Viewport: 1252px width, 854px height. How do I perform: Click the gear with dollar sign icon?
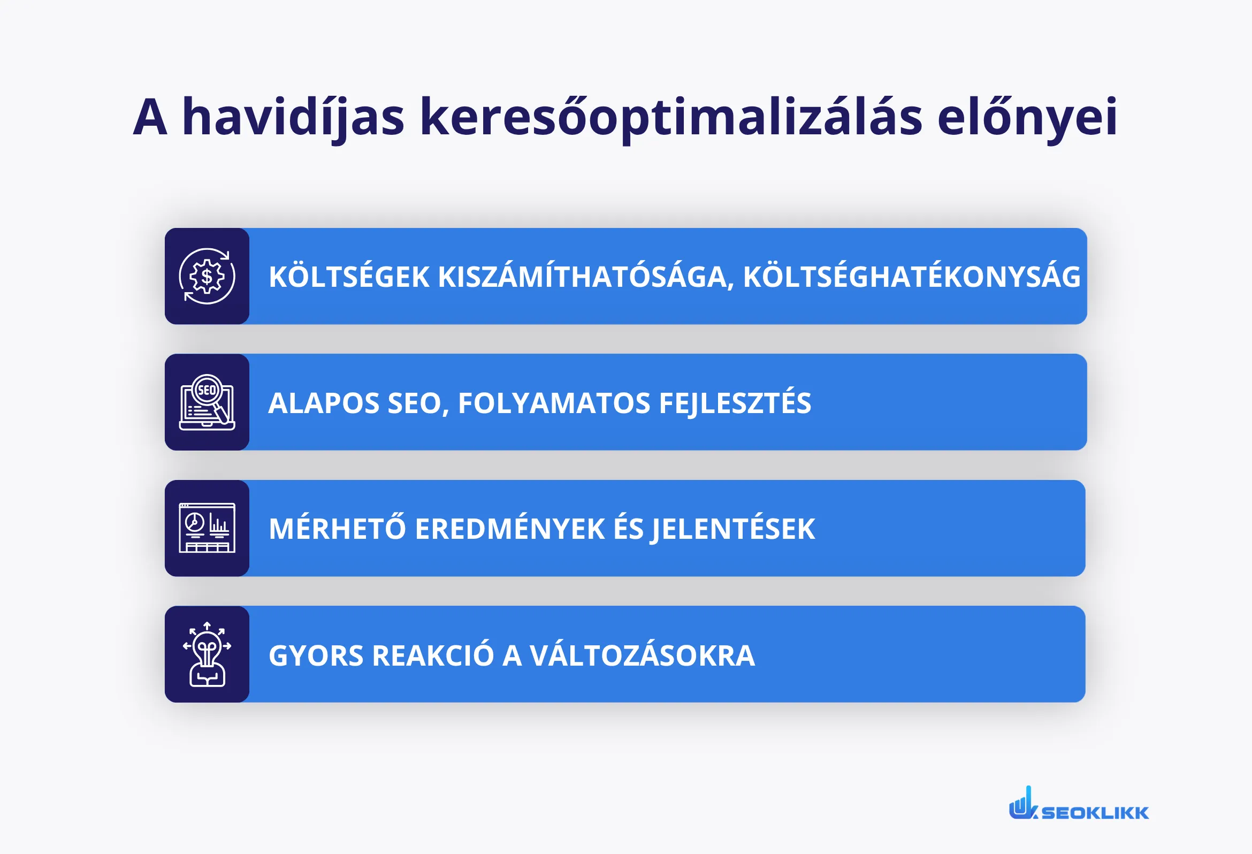pyautogui.click(x=207, y=277)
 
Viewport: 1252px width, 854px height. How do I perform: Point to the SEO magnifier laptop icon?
pyautogui.click(x=207, y=402)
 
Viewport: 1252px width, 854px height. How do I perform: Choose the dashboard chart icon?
pyautogui.click(x=207, y=528)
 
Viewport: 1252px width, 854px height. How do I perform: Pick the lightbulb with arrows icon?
pyautogui.click(x=207, y=654)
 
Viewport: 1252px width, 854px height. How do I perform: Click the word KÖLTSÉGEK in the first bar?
pyautogui.click(x=349, y=277)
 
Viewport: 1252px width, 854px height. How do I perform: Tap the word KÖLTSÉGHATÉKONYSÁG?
pyautogui.click(x=912, y=277)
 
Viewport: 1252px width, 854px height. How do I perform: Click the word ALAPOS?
pyautogui.click(x=324, y=403)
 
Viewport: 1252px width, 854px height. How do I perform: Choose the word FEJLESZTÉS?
pyautogui.click(x=735, y=403)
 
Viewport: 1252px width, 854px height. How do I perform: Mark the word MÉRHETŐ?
pyautogui.click(x=337, y=529)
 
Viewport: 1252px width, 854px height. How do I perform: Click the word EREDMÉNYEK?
pyautogui.click(x=510, y=529)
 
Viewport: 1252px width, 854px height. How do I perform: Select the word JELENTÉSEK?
pyautogui.click(x=733, y=529)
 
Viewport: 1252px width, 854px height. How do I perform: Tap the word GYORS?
pyautogui.click(x=316, y=655)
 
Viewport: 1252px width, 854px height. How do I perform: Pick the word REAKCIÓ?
pyautogui.click(x=433, y=655)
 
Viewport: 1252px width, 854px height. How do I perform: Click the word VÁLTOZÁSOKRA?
pyautogui.click(x=642, y=655)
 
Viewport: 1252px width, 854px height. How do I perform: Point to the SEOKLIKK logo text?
pyautogui.click(x=1095, y=812)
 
